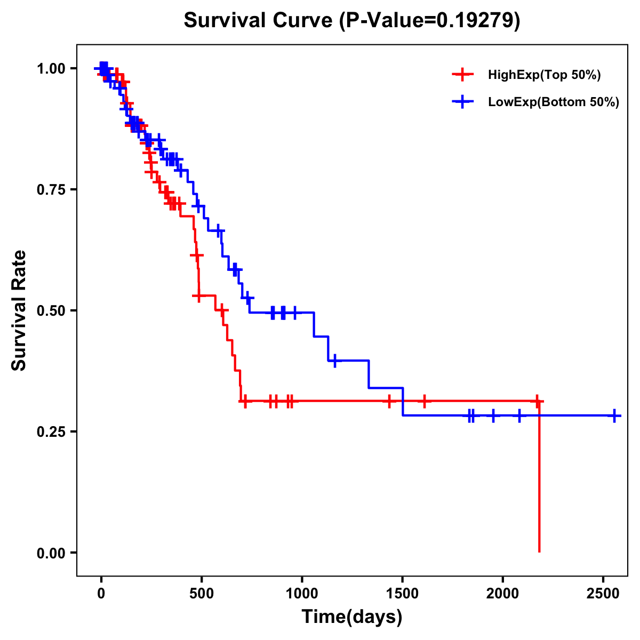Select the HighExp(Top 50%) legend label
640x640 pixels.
coord(544,75)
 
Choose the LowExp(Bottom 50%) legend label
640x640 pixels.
coord(554,102)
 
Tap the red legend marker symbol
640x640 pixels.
coord(462,75)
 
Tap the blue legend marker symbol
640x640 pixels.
coord(462,102)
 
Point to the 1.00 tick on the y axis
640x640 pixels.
coord(51,69)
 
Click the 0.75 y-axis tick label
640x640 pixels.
coord(51,190)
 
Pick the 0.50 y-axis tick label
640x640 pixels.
coord(51,311)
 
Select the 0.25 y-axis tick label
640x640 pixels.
coord(51,432)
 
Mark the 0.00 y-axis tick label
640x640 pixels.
coord(51,553)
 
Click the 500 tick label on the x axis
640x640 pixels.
coord(202,594)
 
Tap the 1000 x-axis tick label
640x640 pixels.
coord(302,594)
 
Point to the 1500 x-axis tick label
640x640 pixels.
coord(402,594)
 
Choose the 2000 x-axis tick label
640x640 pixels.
coord(503,594)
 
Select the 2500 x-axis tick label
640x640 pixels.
coord(603,594)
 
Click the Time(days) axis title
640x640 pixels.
coord(352,617)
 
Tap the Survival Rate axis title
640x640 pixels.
coord(19,310)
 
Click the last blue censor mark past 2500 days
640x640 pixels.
coord(614,415)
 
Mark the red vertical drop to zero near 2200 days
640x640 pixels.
coord(539,480)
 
